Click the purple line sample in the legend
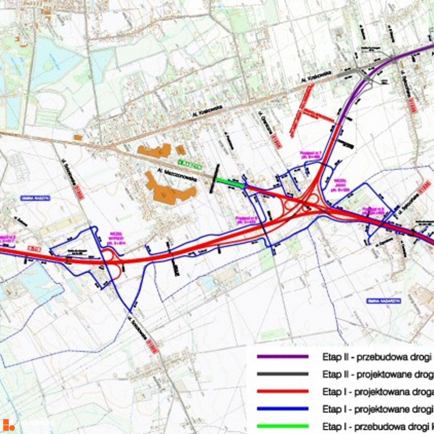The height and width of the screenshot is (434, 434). (282, 357)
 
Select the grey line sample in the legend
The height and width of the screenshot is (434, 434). (282, 374)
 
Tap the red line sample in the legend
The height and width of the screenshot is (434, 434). (282, 391)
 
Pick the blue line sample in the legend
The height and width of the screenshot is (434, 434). (282, 409)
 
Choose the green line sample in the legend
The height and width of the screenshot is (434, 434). (282, 426)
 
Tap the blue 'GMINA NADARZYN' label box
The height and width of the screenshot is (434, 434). (384, 301)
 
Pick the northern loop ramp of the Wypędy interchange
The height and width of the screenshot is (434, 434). (109, 254)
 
